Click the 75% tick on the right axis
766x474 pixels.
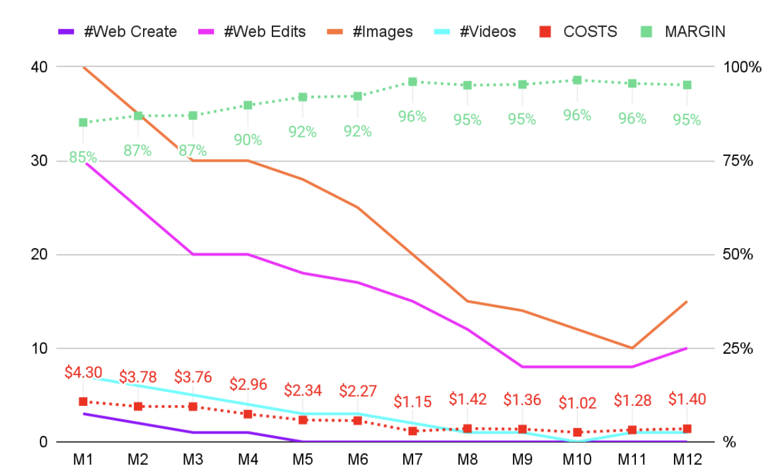click(738, 161)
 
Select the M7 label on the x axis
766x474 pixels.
click(412, 459)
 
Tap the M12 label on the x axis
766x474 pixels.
click(687, 459)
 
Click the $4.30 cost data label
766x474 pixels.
click(83, 372)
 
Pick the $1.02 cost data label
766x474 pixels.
click(577, 403)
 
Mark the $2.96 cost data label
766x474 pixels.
click(248, 384)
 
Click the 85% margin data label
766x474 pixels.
click(83, 158)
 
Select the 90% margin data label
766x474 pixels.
click(248, 140)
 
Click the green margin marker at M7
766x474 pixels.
click(412, 82)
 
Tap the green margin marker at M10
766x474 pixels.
click(577, 80)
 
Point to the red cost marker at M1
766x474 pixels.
click(83, 402)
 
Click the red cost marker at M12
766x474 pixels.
click(687, 429)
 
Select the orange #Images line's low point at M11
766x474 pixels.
click(632, 348)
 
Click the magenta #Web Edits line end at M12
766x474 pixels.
click(687, 348)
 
